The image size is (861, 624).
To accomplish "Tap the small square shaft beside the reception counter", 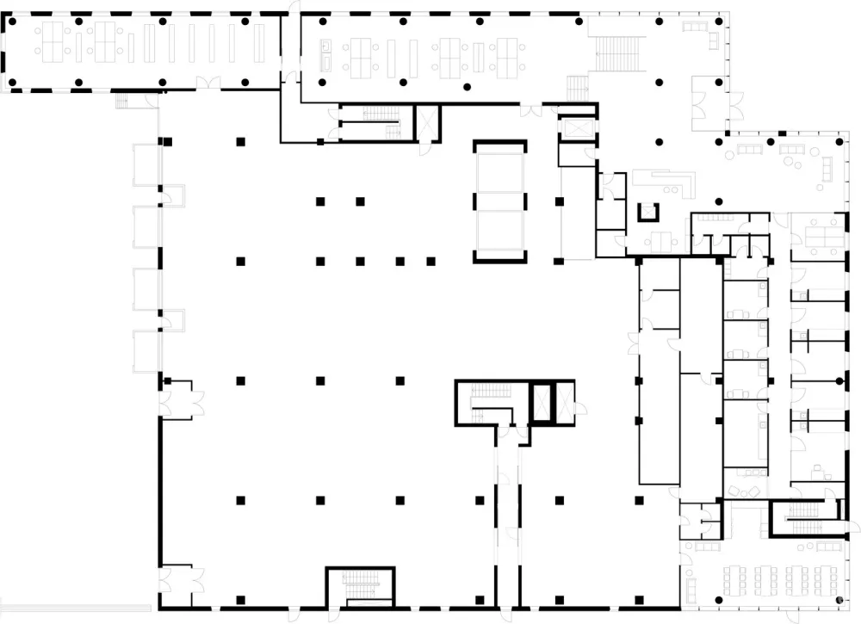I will [x=647, y=211].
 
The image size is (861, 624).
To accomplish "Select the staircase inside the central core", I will [x=488, y=399].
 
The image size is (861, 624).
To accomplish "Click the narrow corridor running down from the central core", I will [x=508, y=516].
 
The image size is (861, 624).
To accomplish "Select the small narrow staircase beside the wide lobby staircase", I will [x=575, y=86].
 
